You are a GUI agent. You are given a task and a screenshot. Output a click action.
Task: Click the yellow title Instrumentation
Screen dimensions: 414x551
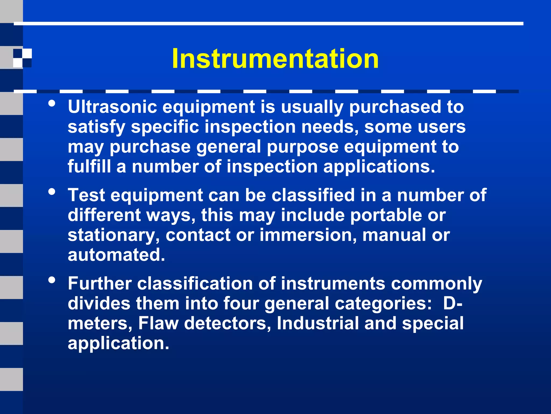coord(275,58)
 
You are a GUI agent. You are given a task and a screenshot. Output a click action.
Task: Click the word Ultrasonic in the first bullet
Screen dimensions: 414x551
coord(112,107)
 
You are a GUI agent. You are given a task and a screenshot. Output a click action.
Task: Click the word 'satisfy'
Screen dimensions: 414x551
coord(96,127)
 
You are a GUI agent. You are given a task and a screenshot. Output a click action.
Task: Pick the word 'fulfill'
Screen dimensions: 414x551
coord(89,167)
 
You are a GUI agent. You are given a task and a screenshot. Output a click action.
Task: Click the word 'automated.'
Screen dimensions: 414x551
coord(116,255)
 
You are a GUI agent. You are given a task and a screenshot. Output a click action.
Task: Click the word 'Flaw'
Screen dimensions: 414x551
coord(158,323)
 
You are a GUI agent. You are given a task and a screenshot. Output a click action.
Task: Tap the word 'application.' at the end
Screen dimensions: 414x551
coord(118,343)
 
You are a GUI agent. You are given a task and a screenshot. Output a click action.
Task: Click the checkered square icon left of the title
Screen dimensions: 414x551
coord(22,58)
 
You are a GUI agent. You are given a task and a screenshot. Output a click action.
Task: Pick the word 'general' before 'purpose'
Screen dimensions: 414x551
coord(229,147)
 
